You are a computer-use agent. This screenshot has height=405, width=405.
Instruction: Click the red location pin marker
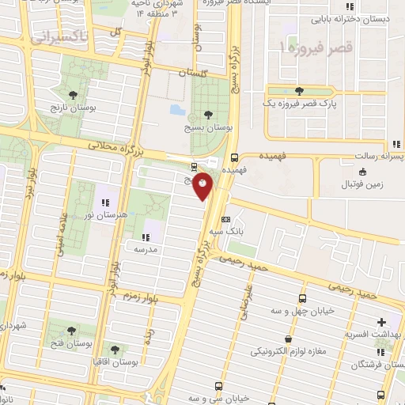point(203,186)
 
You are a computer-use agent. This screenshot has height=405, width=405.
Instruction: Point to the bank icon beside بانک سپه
point(226,220)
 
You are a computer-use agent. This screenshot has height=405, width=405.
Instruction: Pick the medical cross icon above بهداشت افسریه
point(382,322)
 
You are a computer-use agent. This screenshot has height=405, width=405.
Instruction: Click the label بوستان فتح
point(72,344)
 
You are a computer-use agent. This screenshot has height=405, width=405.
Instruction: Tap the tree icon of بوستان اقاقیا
point(115,349)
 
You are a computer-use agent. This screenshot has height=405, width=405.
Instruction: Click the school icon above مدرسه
point(146,236)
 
